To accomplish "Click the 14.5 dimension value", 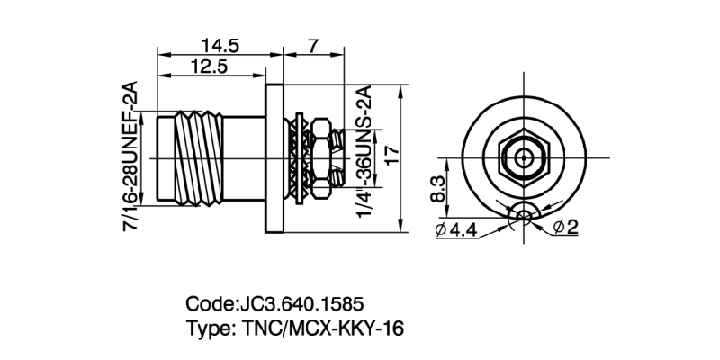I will [220, 44].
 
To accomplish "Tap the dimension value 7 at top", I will [312, 44].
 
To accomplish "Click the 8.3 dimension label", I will [439, 190].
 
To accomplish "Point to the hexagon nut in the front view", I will [523, 157].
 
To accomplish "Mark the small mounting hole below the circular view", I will [523, 214].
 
